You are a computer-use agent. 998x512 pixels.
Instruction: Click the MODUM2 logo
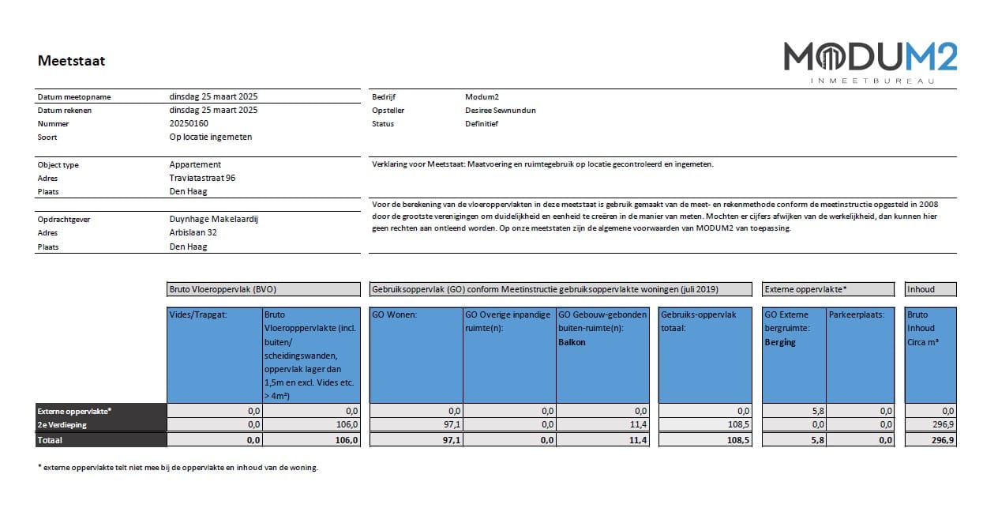(870, 61)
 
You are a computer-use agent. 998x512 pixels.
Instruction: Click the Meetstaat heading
(71, 61)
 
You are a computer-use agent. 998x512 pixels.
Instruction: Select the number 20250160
(189, 123)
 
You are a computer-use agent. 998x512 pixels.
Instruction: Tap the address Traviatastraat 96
(202, 178)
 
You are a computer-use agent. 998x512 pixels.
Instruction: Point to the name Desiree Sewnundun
(500, 110)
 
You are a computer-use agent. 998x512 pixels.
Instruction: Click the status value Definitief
(482, 123)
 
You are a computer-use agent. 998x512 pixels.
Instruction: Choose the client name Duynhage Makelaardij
(213, 219)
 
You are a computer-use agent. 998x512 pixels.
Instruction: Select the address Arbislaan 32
(193, 232)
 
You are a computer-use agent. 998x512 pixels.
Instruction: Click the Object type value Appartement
(195, 164)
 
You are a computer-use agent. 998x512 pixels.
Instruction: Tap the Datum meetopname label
(74, 96)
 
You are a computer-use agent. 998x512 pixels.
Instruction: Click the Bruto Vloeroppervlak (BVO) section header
(264, 289)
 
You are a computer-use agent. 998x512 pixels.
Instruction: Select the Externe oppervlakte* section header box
(828, 289)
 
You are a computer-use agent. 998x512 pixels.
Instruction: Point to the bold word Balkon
(572, 342)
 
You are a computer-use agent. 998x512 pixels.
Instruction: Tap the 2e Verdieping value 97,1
(451, 424)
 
